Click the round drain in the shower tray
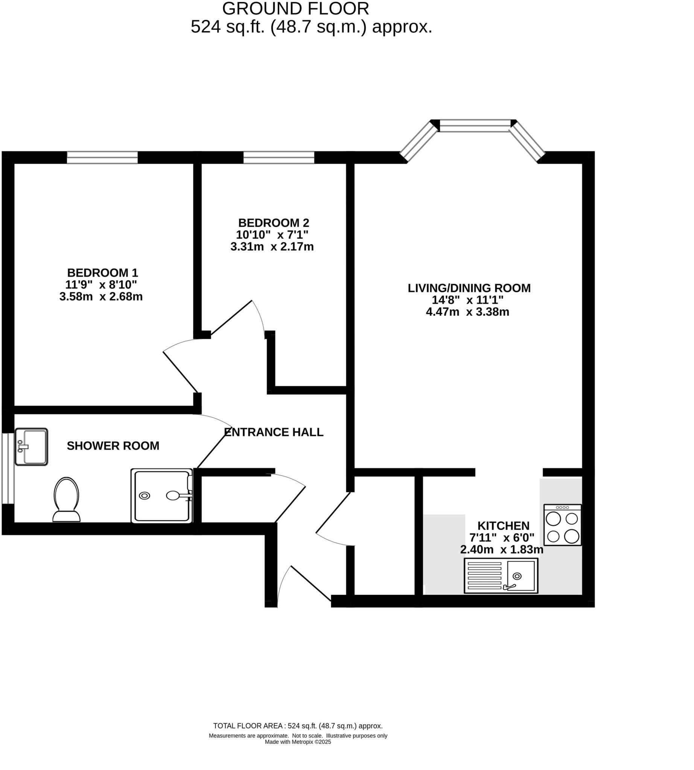pos(145,496)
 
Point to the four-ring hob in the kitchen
pos(562,525)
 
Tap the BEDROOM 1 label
pos(102,273)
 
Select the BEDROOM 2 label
pos(273,223)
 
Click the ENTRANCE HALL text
pos(273,432)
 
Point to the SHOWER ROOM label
pos(113,446)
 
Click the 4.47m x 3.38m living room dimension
pos(467,312)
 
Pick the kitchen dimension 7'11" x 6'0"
pos(502,538)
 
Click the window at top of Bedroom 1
pos(102,158)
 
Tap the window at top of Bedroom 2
pos(279,158)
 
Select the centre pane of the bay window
pos(475,125)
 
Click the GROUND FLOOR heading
pos(295,8)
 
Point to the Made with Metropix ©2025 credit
pos(298,742)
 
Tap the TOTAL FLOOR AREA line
pos(298,726)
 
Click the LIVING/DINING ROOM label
pos(469,288)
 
